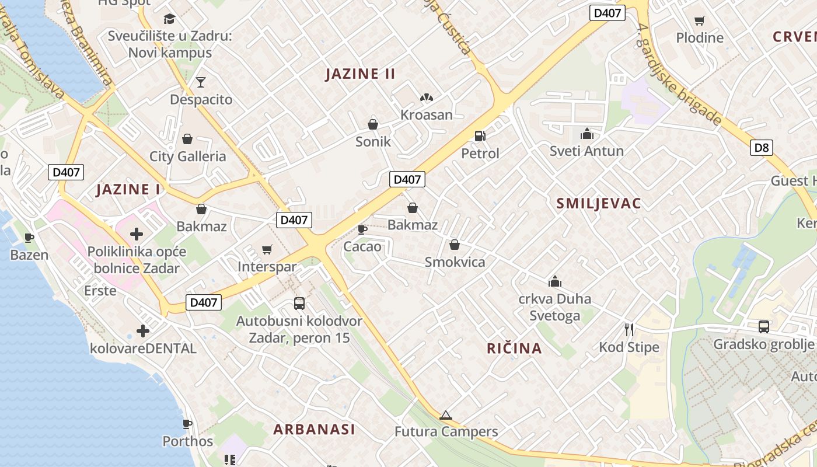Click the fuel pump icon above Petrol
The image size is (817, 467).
click(x=480, y=136)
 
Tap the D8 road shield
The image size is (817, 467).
click(x=762, y=148)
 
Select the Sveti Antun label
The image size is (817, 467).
click(x=586, y=151)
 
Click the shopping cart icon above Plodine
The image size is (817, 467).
click(x=699, y=21)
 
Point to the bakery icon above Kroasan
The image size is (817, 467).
click(x=427, y=97)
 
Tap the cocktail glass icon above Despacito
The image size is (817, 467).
click(x=201, y=82)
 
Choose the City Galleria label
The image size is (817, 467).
click(x=187, y=156)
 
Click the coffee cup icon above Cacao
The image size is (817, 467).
click(x=362, y=229)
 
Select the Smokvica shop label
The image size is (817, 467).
click(x=455, y=262)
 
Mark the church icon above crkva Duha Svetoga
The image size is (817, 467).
click(x=554, y=282)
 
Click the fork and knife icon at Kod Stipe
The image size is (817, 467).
click(x=629, y=330)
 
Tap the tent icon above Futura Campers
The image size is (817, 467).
click(x=446, y=415)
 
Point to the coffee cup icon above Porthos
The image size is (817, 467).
click(x=187, y=424)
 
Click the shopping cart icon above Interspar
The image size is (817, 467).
click(x=267, y=250)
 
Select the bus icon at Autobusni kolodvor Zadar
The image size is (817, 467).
click(x=299, y=304)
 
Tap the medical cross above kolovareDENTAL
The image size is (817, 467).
click(x=143, y=331)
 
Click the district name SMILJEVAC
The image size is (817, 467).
click(x=599, y=203)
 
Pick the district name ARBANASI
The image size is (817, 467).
click(x=314, y=429)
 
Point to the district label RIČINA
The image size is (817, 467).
click(x=514, y=348)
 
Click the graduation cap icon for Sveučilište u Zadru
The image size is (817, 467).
click(x=169, y=19)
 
